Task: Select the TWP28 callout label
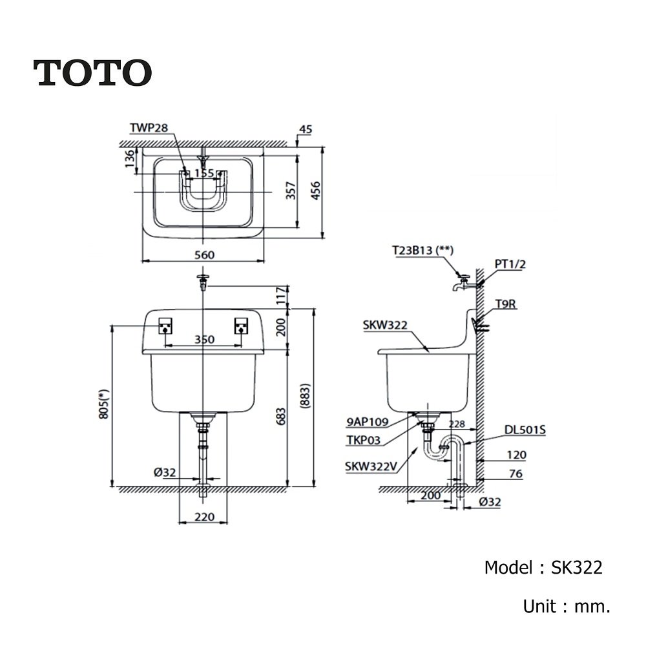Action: point(148,129)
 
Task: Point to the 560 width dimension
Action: point(204,255)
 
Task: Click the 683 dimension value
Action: point(280,419)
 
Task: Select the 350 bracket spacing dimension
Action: point(204,340)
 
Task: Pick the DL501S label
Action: point(526,428)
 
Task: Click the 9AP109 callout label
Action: point(366,422)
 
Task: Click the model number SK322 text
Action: point(576,568)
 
